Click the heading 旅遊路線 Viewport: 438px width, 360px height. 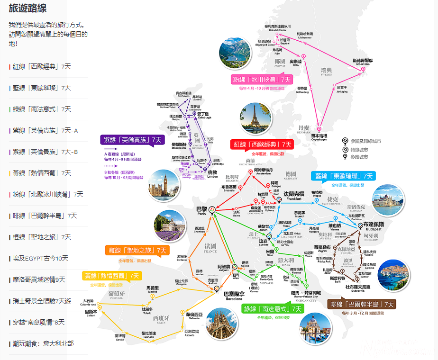pyautogui.click(x=27, y=9)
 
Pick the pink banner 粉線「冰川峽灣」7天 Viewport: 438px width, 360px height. pyautogui.click(x=262, y=79)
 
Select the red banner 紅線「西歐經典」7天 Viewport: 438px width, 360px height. pyautogui.click(x=262, y=144)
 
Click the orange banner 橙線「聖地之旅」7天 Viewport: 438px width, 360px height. pyautogui.click(x=137, y=250)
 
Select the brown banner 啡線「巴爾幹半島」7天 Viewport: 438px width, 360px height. pyautogui.click(x=362, y=304)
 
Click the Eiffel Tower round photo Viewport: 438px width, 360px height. pyautogui.click(x=255, y=118)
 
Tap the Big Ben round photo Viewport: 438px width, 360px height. pyautogui.click(x=164, y=186)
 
